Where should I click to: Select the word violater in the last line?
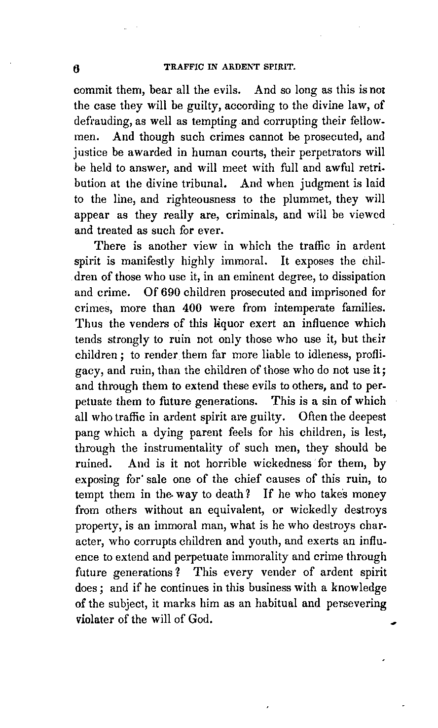point(93,620)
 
